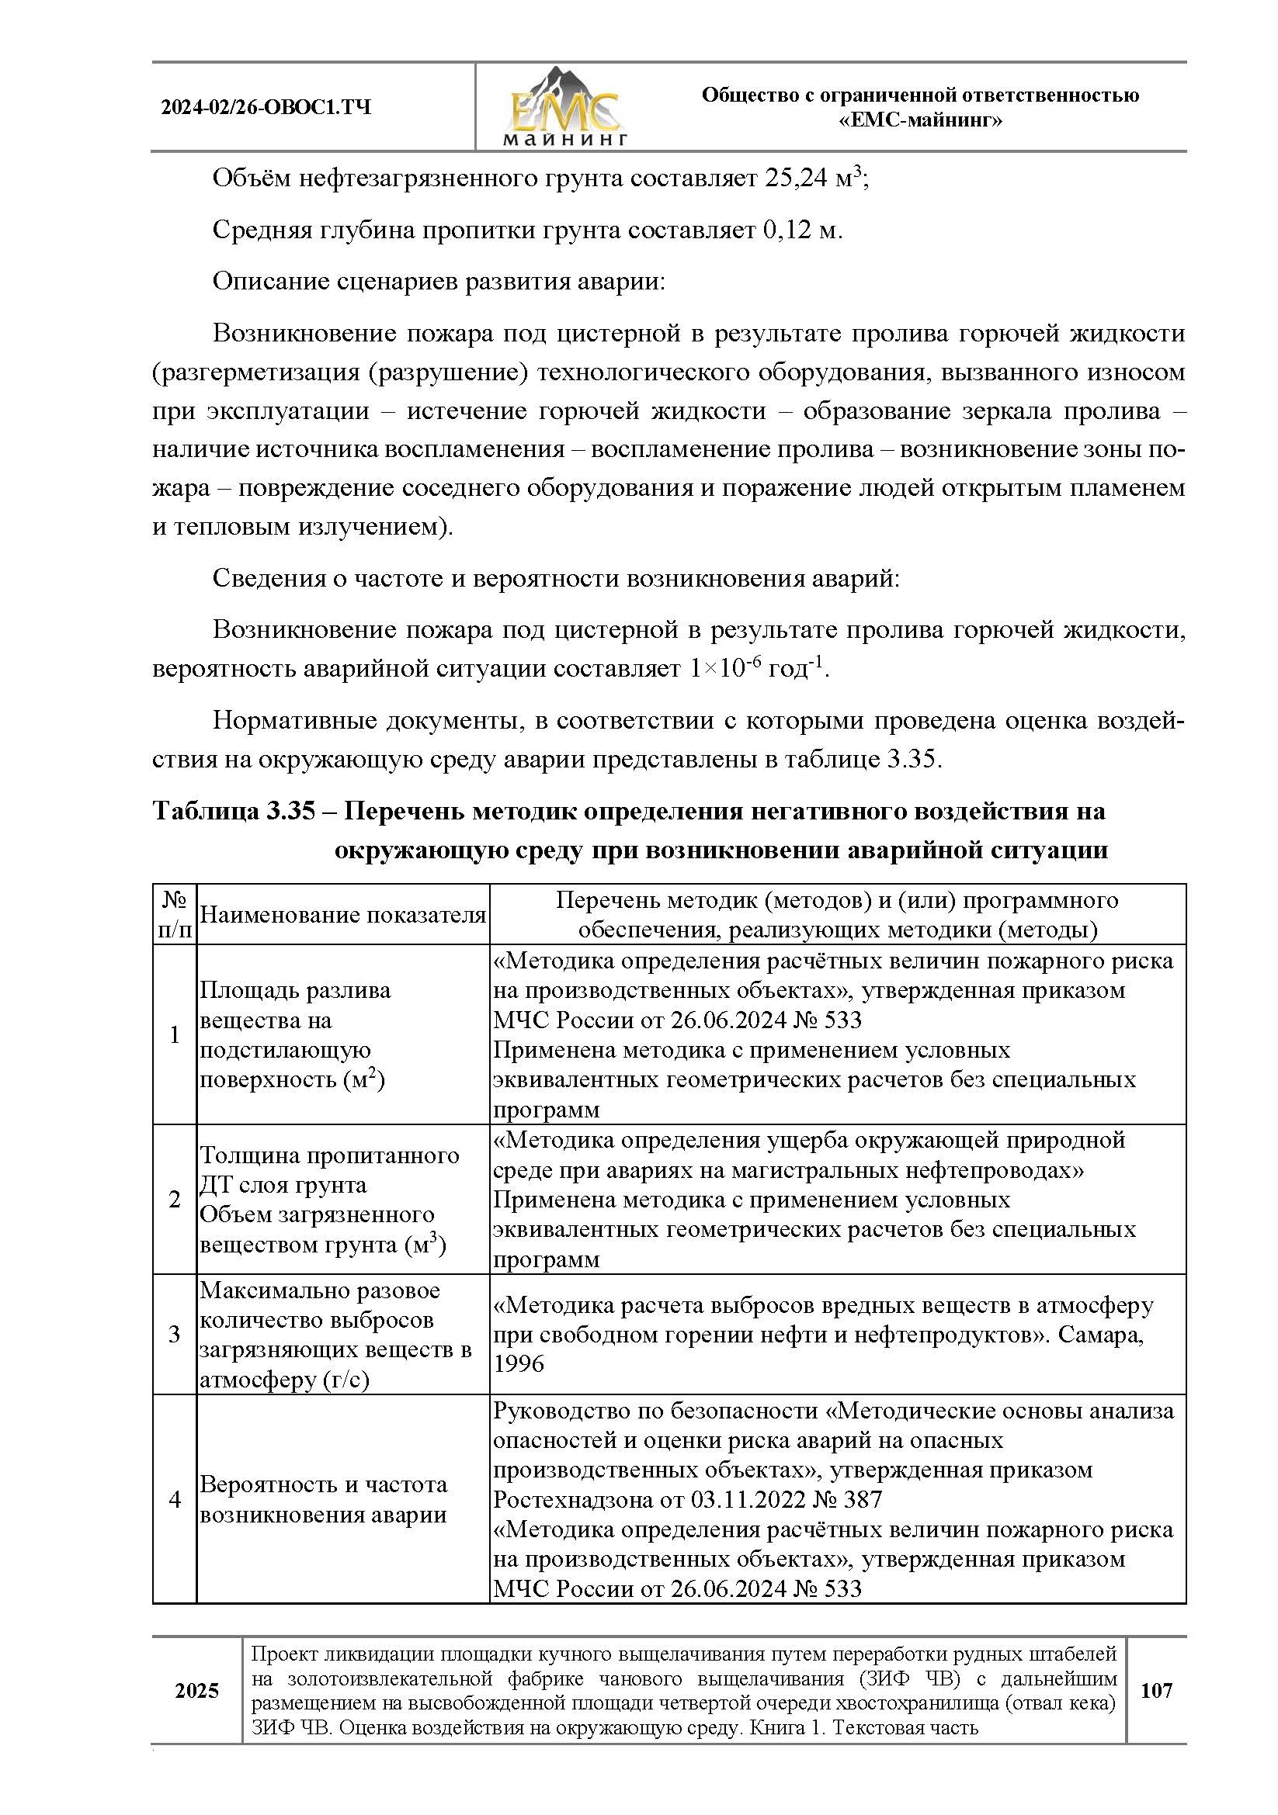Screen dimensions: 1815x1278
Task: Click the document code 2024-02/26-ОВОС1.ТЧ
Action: (x=266, y=108)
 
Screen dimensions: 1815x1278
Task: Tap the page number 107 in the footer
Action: (x=1156, y=1690)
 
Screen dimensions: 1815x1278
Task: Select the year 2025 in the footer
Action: (x=197, y=1690)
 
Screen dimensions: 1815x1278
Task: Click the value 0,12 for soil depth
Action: (x=789, y=230)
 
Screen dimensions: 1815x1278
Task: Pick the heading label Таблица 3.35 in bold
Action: (x=234, y=811)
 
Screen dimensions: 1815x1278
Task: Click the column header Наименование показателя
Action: (x=342, y=915)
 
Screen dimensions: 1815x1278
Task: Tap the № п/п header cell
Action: (x=175, y=915)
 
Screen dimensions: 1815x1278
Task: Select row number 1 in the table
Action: (x=175, y=1035)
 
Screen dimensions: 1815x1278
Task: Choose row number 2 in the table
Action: (x=175, y=1199)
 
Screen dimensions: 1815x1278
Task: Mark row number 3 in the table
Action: (x=175, y=1335)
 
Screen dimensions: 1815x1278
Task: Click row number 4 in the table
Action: (x=175, y=1499)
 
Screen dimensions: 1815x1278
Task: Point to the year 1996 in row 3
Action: (x=519, y=1363)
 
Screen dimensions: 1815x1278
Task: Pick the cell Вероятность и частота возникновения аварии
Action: (x=324, y=1500)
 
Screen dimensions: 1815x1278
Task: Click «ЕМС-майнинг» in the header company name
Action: (x=921, y=121)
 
